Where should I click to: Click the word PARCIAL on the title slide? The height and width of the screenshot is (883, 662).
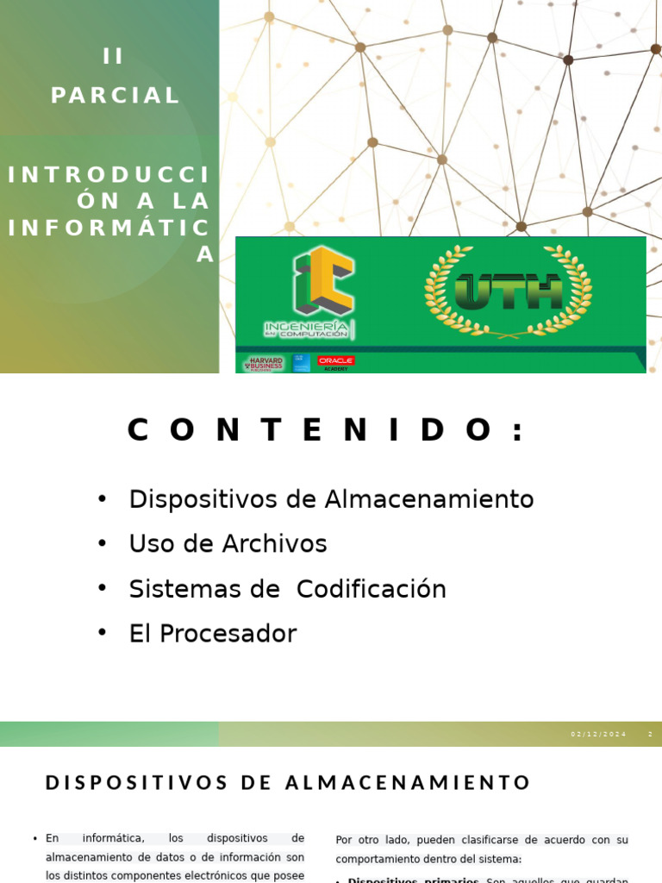pyautogui.click(x=116, y=96)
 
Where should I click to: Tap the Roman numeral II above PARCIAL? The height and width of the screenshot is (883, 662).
pyautogui.click(x=114, y=57)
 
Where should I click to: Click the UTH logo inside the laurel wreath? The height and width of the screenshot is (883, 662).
pyautogui.click(x=508, y=291)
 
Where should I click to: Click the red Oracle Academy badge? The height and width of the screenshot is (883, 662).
pyautogui.click(x=335, y=362)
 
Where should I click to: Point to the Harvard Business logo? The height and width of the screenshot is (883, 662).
pyautogui.click(x=265, y=364)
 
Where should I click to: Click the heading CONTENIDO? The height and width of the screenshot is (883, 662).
pyautogui.click(x=328, y=430)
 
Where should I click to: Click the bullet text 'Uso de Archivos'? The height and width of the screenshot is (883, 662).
pyautogui.click(x=228, y=544)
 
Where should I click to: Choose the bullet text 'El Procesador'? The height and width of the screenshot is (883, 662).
pyautogui.click(x=212, y=634)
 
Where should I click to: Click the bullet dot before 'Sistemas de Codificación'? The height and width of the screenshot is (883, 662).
pyautogui.click(x=102, y=588)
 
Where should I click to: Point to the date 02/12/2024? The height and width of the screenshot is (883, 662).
pyautogui.click(x=599, y=735)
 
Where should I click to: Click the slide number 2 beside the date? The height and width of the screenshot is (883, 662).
pyautogui.click(x=651, y=735)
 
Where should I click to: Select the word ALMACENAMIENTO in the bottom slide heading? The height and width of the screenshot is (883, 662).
pyautogui.click(x=408, y=783)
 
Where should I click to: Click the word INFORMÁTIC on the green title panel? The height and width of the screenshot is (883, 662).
pyautogui.click(x=109, y=228)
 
